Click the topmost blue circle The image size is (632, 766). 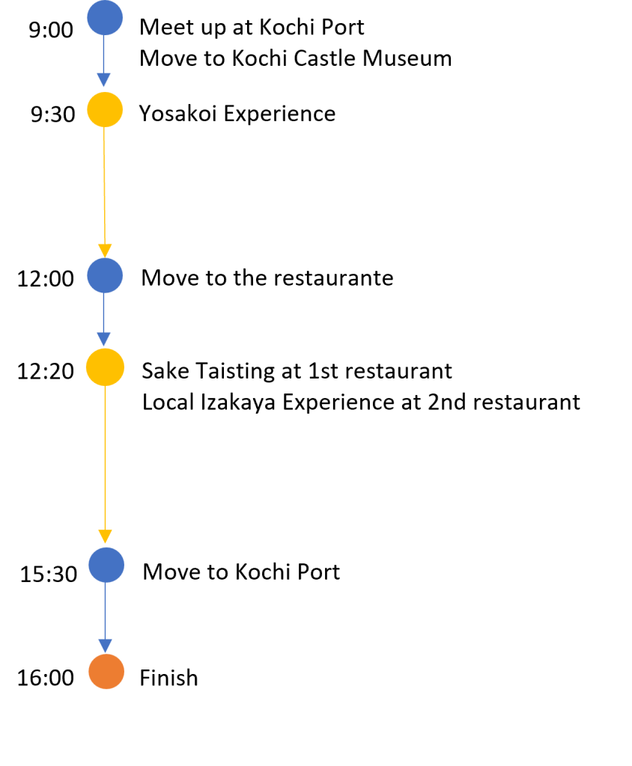(105, 18)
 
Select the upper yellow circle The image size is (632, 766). (105, 109)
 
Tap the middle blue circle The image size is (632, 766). (105, 275)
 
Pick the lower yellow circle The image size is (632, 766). (105, 367)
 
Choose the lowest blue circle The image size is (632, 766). (106, 565)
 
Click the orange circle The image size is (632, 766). (106, 672)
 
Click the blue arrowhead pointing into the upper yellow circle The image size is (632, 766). (104, 80)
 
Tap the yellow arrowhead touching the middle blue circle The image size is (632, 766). (105, 251)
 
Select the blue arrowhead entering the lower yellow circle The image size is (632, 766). (104, 340)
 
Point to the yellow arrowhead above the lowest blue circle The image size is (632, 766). (105, 537)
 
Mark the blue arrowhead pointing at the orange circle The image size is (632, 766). (106, 646)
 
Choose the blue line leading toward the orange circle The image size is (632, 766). (106, 610)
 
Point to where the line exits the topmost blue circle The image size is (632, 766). (104, 37)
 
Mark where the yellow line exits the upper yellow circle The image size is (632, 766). (104, 128)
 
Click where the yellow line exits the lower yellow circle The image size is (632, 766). (105, 387)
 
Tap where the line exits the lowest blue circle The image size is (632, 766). (106, 583)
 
